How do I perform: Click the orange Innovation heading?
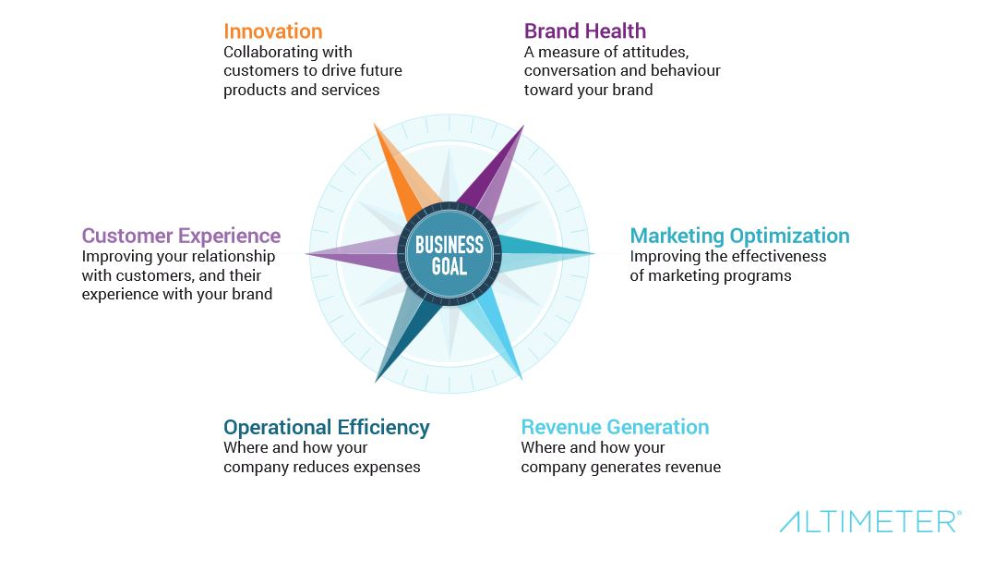coord(273,31)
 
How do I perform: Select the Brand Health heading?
coord(585,31)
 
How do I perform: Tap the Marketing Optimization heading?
coord(739,236)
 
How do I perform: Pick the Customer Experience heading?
coord(181,236)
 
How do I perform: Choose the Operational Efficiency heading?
coord(326,427)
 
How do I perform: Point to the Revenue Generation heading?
coord(615,427)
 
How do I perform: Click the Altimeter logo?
coord(870,521)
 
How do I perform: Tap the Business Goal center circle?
coord(450,254)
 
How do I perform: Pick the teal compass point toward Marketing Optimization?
coord(539,253)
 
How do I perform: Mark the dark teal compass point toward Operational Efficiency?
coord(403,337)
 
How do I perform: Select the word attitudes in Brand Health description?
coord(656,52)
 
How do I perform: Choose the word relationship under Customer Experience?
coord(233,257)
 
